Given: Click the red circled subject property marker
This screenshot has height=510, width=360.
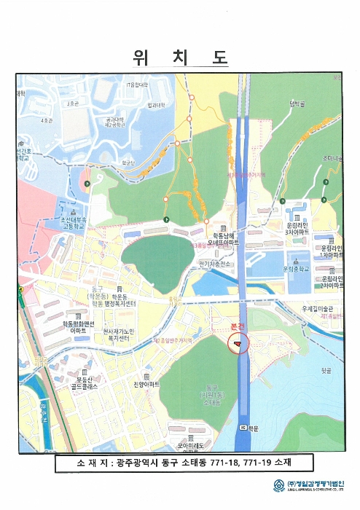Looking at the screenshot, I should click(x=238, y=342).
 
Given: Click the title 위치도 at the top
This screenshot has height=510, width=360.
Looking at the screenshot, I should click(x=180, y=58).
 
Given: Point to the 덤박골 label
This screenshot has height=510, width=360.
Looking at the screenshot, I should click(x=297, y=104).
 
